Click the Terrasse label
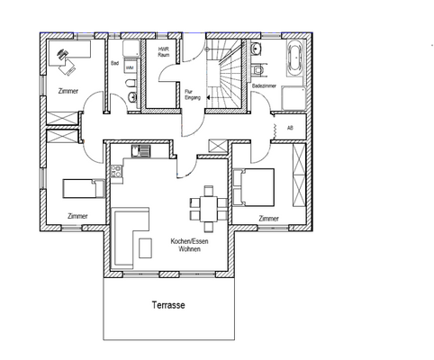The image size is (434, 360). (x=168, y=305)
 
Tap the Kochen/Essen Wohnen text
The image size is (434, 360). (x=189, y=245)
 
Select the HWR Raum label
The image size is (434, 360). (x=164, y=51)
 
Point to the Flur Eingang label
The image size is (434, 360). (x=189, y=94)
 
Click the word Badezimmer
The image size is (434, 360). (x=264, y=85)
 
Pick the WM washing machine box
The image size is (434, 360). (x=130, y=67)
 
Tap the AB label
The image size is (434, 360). (x=290, y=128)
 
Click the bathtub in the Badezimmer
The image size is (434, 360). (x=296, y=59)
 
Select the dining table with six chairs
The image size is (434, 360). (x=209, y=209)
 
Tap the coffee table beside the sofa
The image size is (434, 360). (x=145, y=247)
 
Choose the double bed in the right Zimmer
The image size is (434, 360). (x=254, y=187)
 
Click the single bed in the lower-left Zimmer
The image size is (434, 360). (x=84, y=189)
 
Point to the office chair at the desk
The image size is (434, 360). (x=68, y=67)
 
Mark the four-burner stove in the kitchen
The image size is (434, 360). (x=116, y=171)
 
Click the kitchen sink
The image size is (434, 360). (x=140, y=151)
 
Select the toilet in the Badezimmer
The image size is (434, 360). (x=258, y=70)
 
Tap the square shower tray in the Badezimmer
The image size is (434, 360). (x=294, y=98)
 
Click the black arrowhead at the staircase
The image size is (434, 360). (x=208, y=97)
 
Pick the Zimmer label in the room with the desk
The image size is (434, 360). (x=68, y=91)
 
